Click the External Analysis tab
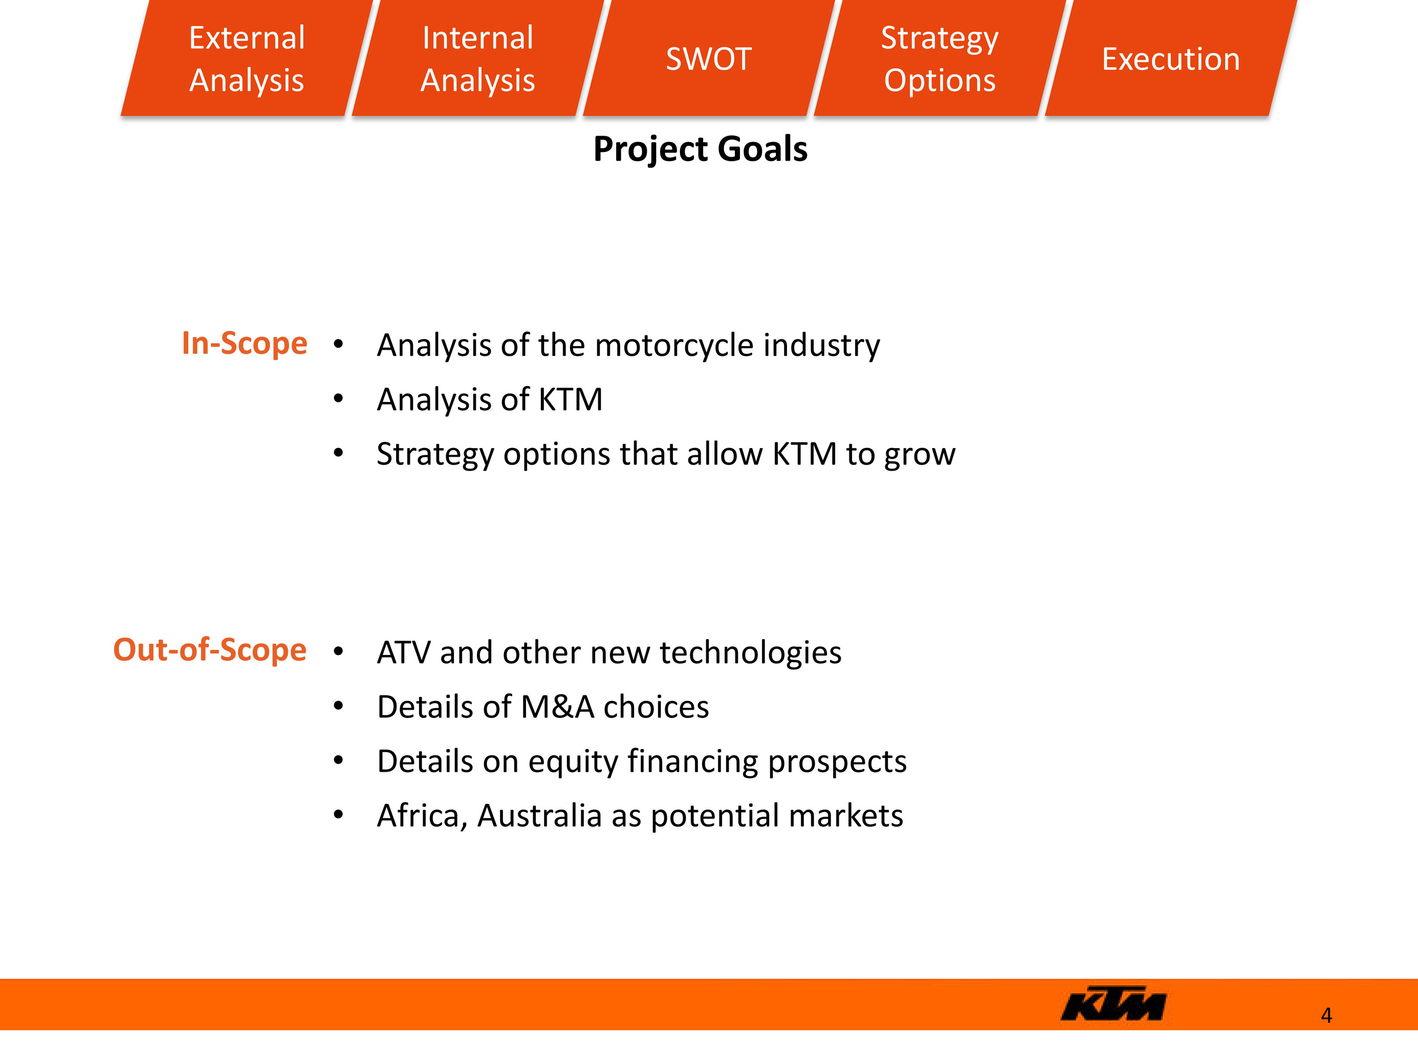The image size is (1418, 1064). (247, 58)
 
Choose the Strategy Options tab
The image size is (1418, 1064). (940, 58)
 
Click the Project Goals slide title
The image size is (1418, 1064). (700, 150)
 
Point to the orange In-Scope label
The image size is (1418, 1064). (244, 343)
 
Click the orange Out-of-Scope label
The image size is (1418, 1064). (210, 650)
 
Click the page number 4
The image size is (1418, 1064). (1326, 1015)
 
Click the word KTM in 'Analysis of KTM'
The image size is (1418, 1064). (571, 399)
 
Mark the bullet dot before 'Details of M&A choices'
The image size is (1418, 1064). (338, 707)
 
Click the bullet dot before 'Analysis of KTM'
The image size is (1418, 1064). (338, 399)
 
